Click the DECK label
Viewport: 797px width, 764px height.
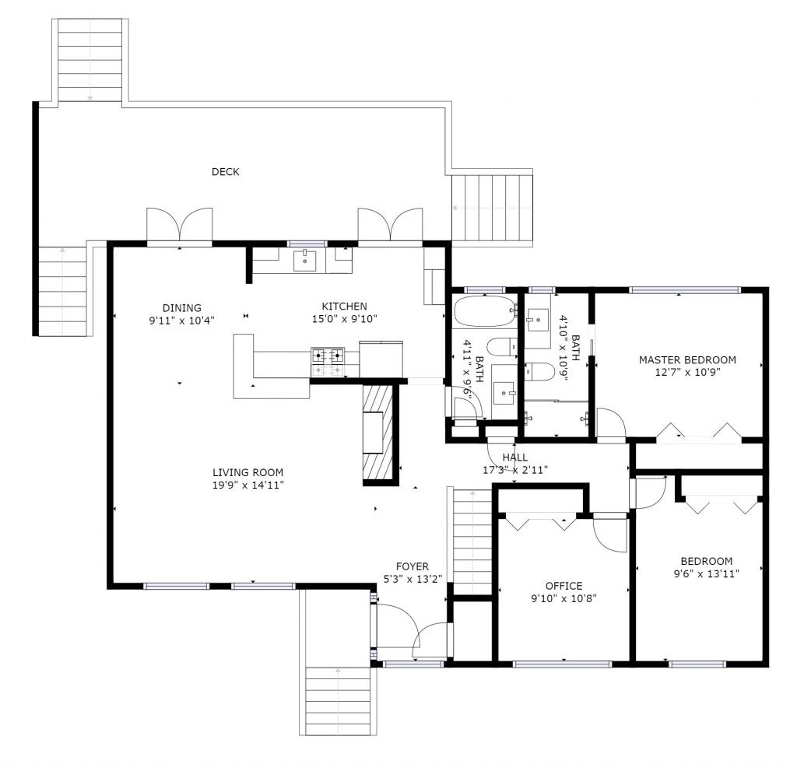coord(226,172)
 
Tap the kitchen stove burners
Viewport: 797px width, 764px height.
coord(328,356)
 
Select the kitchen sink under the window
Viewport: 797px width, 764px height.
coord(305,261)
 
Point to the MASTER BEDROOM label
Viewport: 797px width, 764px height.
coord(687,360)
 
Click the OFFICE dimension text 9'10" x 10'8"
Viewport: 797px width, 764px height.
coord(564,598)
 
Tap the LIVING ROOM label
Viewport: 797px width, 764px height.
coord(248,472)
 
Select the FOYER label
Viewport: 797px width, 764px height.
coord(412,566)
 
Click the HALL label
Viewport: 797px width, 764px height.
coord(515,457)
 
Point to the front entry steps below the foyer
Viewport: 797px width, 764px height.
coord(337,700)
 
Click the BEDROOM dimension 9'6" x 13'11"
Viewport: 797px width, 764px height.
coord(706,574)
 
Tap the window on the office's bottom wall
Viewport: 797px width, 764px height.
coord(562,664)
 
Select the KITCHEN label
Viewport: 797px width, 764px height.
coord(344,307)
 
